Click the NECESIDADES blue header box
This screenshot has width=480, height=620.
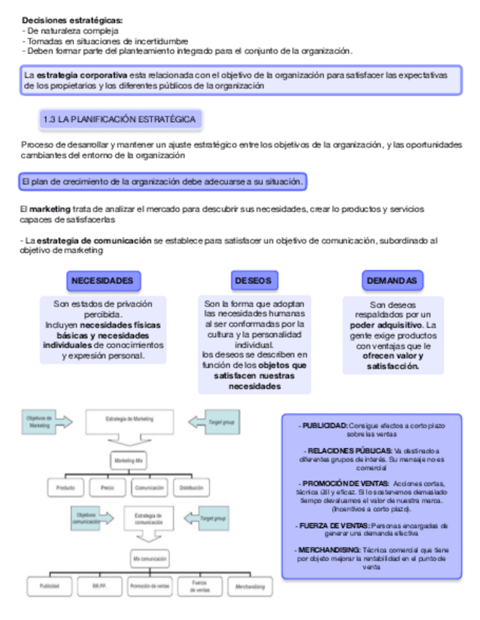point(102,281)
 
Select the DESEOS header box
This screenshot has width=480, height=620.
point(254,281)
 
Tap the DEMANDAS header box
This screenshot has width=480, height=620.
point(392,281)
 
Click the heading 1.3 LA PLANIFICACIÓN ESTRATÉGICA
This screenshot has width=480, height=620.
point(119,119)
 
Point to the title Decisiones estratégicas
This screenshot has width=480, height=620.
point(72,20)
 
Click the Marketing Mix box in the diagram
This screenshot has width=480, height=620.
point(129,461)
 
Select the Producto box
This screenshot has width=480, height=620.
point(65,487)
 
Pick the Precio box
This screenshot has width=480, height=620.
point(107,487)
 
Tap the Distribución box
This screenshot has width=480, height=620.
point(191,487)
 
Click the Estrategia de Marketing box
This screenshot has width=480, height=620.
point(129,420)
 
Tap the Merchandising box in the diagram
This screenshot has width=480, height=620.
point(248,586)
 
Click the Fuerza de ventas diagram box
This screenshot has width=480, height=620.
point(200,586)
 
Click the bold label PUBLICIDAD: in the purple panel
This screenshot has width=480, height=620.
point(324,425)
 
